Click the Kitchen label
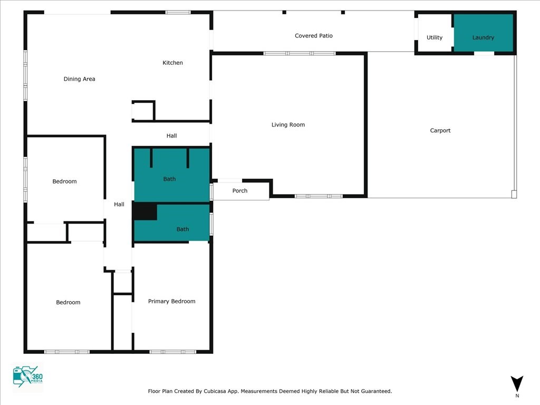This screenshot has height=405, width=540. pyautogui.click(x=172, y=63)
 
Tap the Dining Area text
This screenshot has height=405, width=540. pyautogui.click(x=79, y=79)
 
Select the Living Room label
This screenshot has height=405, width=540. pyautogui.click(x=288, y=124)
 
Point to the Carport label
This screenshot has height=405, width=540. pyautogui.click(x=440, y=131)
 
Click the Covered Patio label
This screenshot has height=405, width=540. pyautogui.click(x=314, y=36)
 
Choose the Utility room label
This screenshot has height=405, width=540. pyautogui.click(x=435, y=37)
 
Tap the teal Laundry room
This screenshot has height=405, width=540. pyautogui.click(x=484, y=33)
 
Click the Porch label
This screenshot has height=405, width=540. pyautogui.click(x=240, y=191)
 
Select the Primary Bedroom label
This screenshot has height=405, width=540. pyautogui.click(x=171, y=301)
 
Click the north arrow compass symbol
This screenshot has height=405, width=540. pyautogui.click(x=517, y=383)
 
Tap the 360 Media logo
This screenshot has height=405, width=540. pyautogui.click(x=27, y=377)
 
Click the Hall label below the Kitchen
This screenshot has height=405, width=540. pyautogui.click(x=171, y=136)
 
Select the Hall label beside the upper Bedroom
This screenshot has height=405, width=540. pyautogui.click(x=119, y=205)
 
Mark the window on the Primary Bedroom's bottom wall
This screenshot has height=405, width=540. pyautogui.click(x=173, y=352)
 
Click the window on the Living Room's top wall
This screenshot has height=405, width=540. pyautogui.click(x=300, y=53)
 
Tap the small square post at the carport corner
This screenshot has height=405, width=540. pyautogui.click(x=514, y=195)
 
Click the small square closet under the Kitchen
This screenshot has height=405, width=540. pyautogui.click(x=143, y=111)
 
